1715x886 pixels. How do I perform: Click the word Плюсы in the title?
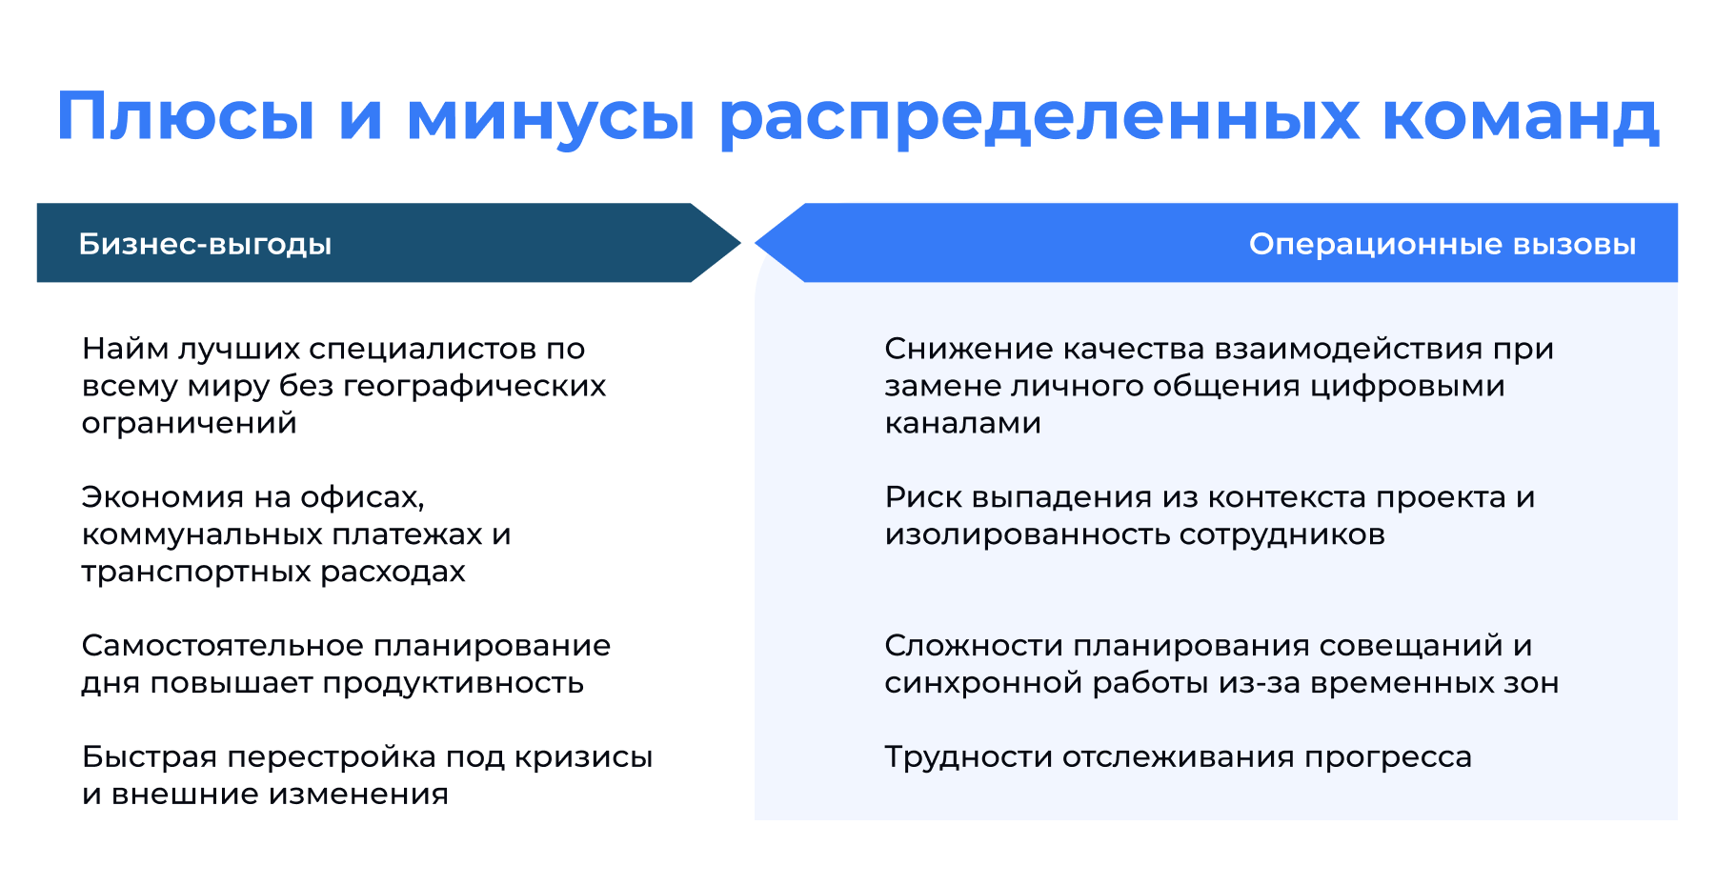click(185, 117)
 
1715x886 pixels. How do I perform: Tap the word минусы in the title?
click(551, 117)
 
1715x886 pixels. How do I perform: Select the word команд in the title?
click(1521, 117)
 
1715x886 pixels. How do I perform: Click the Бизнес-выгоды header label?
click(205, 244)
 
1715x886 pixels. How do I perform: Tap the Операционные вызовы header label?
click(1442, 244)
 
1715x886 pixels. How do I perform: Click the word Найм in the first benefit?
click(125, 349)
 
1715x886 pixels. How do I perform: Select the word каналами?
click(962, 423)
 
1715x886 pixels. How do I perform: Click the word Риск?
click(922, 497)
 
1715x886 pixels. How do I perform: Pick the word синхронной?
click(982, 683)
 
